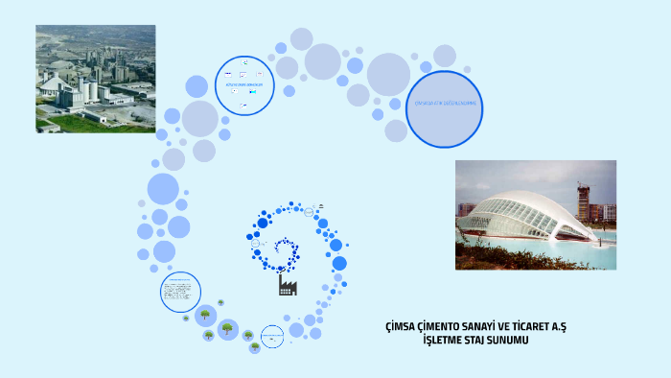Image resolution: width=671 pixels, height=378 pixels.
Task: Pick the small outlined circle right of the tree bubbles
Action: [273, 336]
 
